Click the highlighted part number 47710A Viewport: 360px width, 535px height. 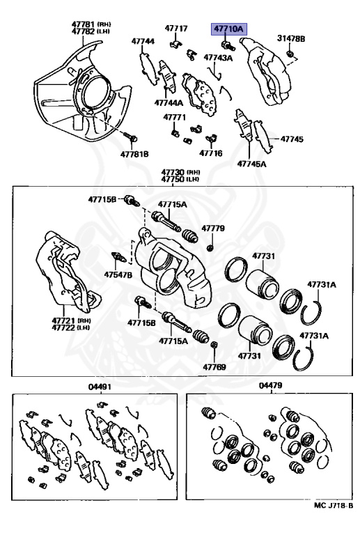[229, 29]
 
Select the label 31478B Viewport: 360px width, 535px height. [291, 38]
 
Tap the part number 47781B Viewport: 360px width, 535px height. [134, 154]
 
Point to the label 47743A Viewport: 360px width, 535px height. [218, 57]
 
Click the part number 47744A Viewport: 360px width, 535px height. [169, 102]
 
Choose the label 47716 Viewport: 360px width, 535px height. [211, 153]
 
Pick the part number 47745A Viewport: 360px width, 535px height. [251, 164]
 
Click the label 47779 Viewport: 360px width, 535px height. [213, 228]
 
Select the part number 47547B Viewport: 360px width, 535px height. [118, 274]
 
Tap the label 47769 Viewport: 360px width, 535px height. [214, 367]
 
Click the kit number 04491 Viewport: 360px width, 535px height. [100, 387]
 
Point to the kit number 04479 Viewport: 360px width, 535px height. [270, 385]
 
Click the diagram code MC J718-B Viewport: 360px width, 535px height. [334, 506]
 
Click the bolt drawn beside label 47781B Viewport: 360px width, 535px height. [131, 137]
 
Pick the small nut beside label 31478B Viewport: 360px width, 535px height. [290, 53]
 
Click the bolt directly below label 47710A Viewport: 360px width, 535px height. [228, 45]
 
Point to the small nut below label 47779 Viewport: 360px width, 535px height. [210, 247]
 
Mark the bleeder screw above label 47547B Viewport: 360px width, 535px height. [119, 257]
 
